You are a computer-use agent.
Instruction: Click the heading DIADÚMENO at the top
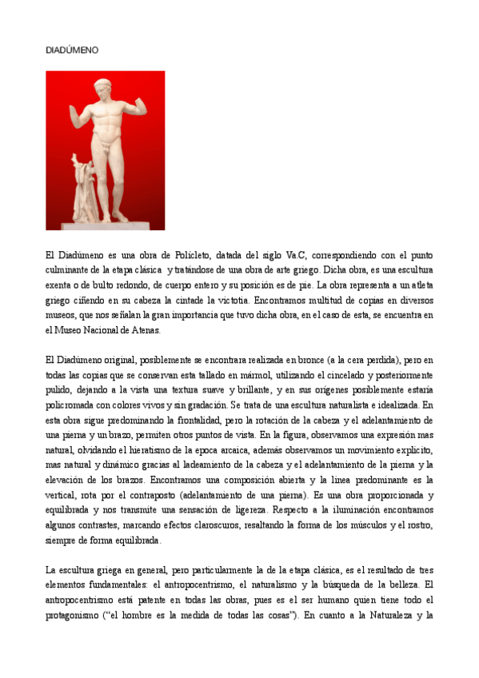coord(72,50)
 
